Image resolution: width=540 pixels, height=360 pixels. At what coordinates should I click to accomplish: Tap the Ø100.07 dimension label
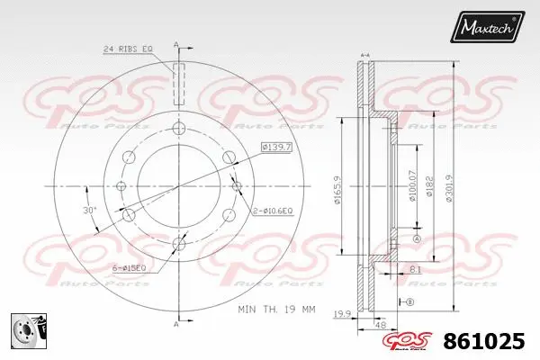click(x=413, y=185)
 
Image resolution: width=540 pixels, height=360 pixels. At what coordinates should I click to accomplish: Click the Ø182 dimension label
click(x=428, y=185)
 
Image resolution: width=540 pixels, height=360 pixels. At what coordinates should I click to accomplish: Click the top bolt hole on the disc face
click(x=178, y=128)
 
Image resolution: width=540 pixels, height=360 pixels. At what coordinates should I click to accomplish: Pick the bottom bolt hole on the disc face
click(x=178, y=243)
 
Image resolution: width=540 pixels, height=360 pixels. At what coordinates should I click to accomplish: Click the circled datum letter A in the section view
click(x=416, y=239)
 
